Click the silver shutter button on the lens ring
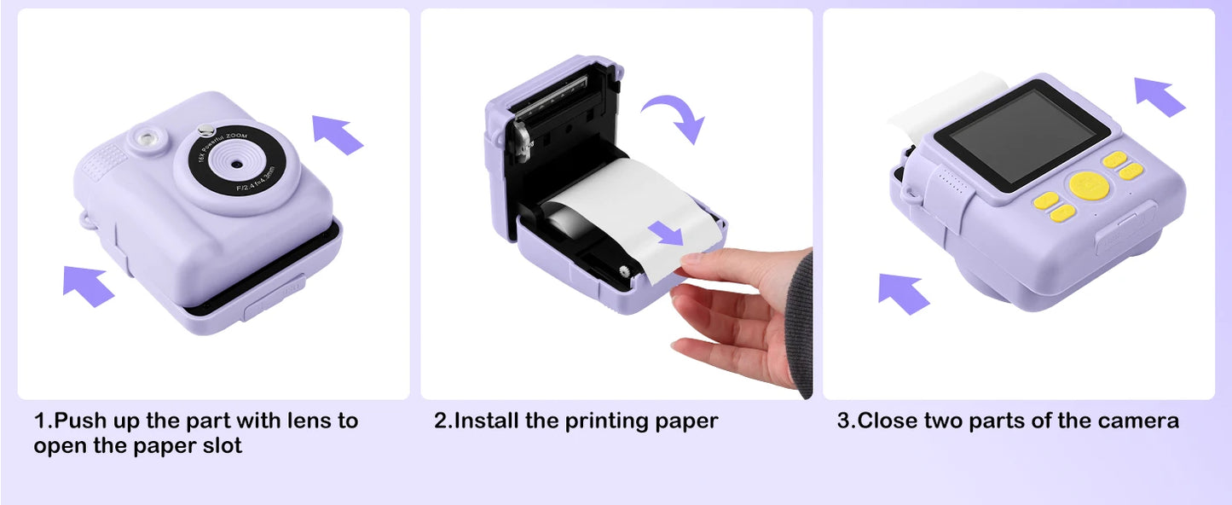[205, 131]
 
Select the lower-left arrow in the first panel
[88, 284]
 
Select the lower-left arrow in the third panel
[904, 293]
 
